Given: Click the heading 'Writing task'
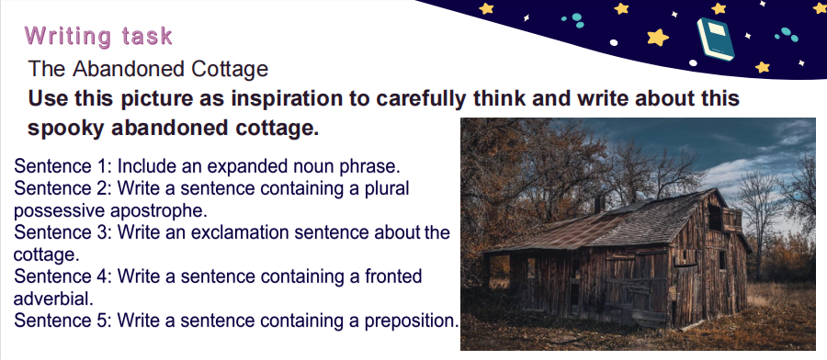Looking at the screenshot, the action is (98, 36).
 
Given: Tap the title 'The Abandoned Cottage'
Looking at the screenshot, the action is (148, 69).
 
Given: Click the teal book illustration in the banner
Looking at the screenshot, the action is (716, 39).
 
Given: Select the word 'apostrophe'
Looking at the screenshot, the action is (159, 211).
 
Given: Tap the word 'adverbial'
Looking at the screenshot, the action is (53, 298).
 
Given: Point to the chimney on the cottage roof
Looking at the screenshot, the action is (600, 205).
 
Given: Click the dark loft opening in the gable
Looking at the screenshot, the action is (715, 217).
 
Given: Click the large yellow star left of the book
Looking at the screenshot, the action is (658, 37).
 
